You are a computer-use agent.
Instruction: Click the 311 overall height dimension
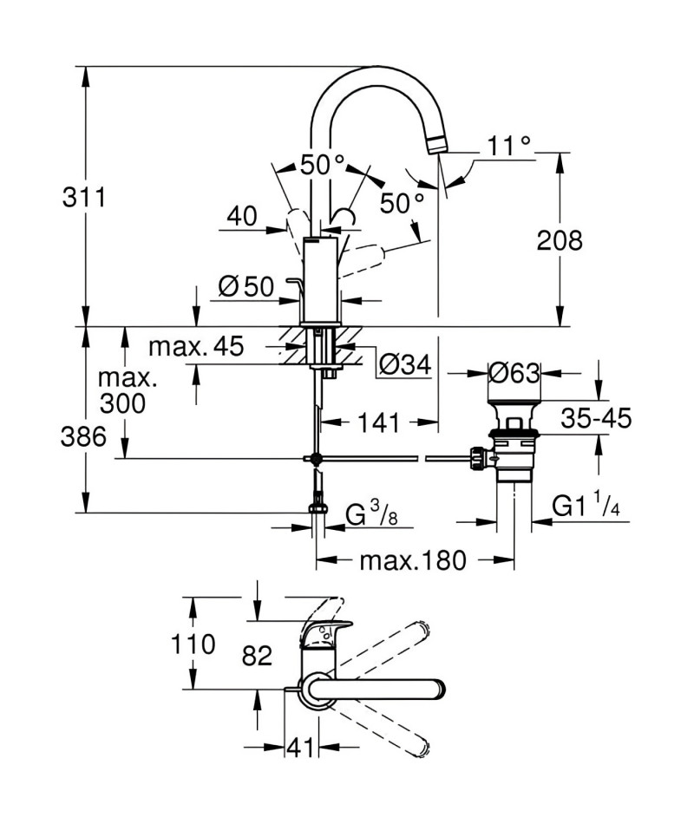pos(84,198)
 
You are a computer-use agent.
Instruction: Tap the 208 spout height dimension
pos(560,240)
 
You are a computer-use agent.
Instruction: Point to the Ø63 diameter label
pos(514,373)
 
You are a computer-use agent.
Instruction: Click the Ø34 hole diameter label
pos(405,364)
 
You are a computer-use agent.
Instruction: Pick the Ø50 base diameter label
pos(246,287)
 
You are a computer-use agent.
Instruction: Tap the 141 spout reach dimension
pos(379,422)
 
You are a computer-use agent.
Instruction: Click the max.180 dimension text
pos(413,560)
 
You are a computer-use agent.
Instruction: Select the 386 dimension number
pos(83,436)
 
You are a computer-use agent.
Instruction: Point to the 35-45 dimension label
pos(596,418)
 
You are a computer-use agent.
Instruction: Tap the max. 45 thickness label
pos(196,347)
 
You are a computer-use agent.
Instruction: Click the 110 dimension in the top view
pos(193,644)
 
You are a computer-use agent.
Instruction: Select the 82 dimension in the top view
pos(257,656)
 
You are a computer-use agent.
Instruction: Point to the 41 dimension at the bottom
pos(299,748)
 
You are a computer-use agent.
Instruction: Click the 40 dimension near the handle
pos(242,216)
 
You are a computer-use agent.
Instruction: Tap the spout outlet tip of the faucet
pos(438,146)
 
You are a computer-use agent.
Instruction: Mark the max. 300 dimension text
pos(123,391)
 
